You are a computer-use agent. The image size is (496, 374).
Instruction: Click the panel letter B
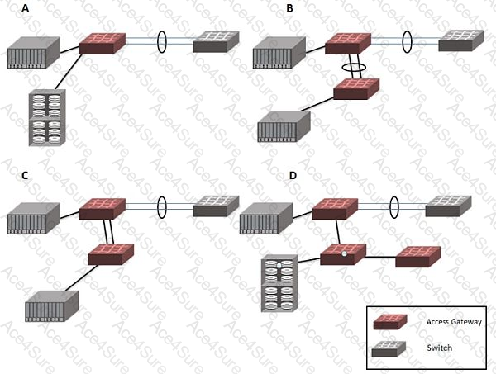tap(289, 9)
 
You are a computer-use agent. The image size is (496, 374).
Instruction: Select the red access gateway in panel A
tap(103, 42)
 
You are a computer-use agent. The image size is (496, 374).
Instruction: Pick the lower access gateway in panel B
tap(356, 88)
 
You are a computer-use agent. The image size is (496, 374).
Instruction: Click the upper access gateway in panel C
tap(103, 207)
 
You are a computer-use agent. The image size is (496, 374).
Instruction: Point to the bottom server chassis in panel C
tap(51, 306)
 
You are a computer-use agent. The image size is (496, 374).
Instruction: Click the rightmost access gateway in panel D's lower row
tap(418, 257)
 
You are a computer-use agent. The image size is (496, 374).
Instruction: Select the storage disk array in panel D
tap(278, 284)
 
